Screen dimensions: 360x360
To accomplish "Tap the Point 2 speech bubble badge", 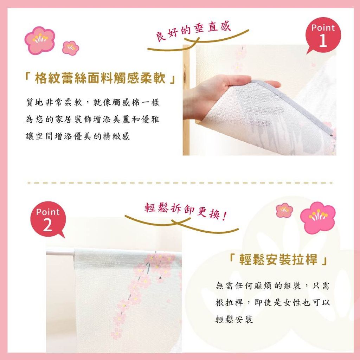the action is [48, 219].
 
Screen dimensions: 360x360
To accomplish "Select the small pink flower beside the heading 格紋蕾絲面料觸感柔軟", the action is [70, 48].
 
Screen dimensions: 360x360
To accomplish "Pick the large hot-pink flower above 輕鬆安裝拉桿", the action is [318, 217].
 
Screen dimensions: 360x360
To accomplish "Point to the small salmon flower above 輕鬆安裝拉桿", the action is [284, 210].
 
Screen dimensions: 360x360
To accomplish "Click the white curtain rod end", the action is [60, 252].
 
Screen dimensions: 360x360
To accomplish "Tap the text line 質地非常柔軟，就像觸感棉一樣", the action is [92, 102].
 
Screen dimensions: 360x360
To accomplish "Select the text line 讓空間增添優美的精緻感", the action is [78, 136].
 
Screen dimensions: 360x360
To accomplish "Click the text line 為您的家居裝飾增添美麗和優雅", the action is [92, 119].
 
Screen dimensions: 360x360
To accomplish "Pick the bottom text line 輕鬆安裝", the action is [234, 319].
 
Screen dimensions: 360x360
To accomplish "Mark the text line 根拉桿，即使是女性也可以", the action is [272, 302].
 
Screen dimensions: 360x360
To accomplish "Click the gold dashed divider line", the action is [180, 183].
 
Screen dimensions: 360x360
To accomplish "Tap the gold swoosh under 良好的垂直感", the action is [198, 41].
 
